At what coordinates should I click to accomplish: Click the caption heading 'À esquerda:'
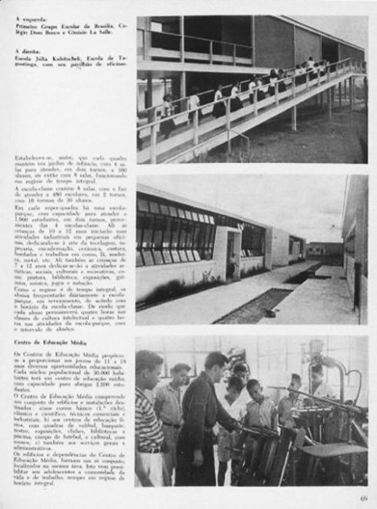[32, 18]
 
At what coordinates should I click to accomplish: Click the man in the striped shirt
[148, 424]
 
